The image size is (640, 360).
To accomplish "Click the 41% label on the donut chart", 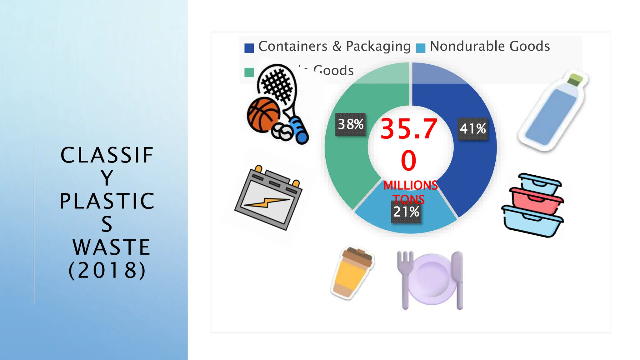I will pyautogui.click(x=473, y=129).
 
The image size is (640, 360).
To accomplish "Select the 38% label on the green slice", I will pyautogui.click(x=351, y=124).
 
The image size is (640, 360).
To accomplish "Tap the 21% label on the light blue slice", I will pyautogui.click(x=406, y=212).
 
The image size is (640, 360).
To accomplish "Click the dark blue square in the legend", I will pyautogui.click(x=249, y=48).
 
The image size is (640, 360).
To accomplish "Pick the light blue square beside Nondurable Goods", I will pyautogui.click(x=421, y=48).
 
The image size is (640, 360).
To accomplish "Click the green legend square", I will pyautogui.click(x=249, y=72).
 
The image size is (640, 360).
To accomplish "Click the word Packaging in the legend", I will pyautogui.click(x=378, y=47).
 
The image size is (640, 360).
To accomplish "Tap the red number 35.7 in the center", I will pyautogui.click(x=409, y=129).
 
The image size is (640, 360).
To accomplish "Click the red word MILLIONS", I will pyautogui.click(x=410, y=185).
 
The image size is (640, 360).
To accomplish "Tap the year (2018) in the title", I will pyautogui.click(x=107, y=270).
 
